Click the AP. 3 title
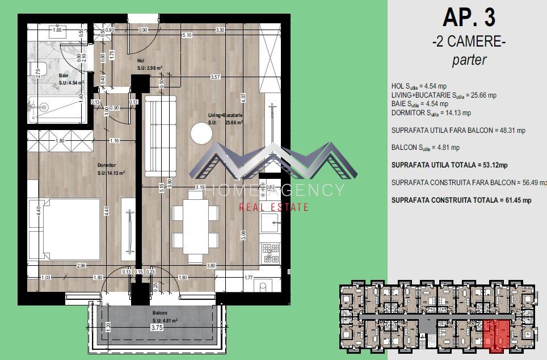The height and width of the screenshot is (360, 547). click(468, 18)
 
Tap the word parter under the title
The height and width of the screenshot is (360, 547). click(469, 60)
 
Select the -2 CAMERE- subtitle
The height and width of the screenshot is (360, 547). click(468, 41)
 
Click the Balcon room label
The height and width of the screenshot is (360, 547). click(160, 312)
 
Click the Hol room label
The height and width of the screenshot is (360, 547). click(141, 61)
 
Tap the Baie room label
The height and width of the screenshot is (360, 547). click(64, 76)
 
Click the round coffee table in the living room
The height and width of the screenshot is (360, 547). click(201, 134)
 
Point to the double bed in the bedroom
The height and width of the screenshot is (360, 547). click(64, 229)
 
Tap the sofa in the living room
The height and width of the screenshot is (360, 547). click(161, 135)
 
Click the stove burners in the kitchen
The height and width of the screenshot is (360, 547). click(270, 252)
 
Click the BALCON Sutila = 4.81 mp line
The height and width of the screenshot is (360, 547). click(426, 148)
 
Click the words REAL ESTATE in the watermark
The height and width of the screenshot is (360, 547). click(273, 207)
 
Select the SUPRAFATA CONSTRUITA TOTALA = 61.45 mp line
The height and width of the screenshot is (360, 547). click(461, 200)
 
